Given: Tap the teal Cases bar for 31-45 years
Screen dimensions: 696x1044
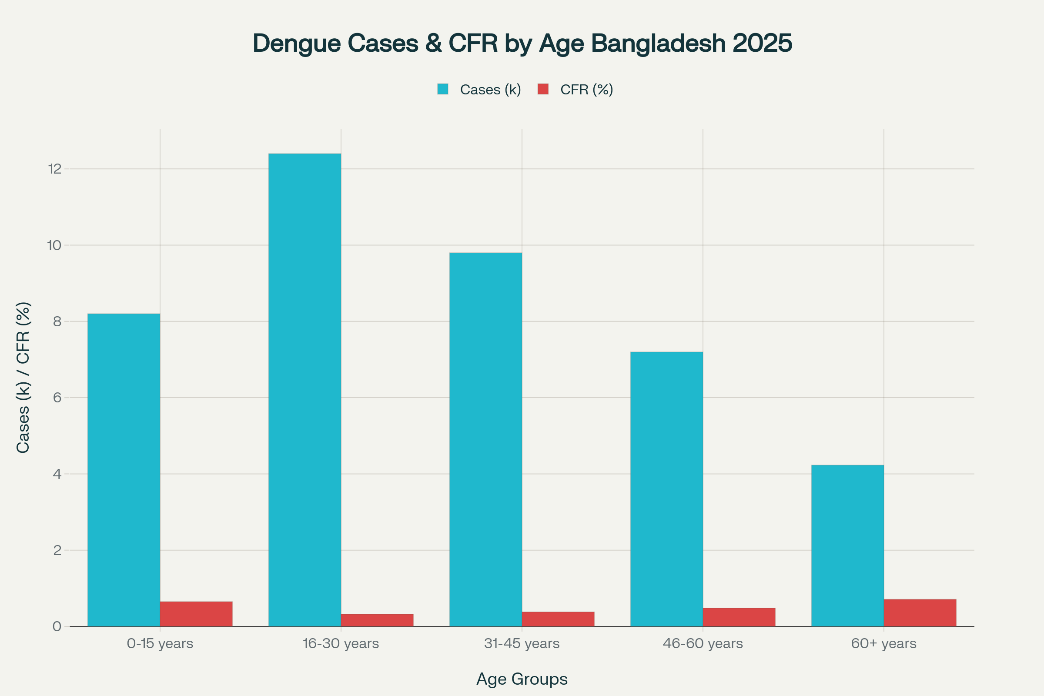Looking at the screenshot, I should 485,439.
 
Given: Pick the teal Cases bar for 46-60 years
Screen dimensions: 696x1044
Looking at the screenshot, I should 666,489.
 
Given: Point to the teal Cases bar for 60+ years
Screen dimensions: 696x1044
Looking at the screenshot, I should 847,545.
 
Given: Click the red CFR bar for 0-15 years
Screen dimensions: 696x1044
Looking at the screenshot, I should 196,614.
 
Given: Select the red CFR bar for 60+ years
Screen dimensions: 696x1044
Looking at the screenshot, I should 920,613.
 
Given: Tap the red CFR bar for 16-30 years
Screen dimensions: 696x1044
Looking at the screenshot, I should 377,620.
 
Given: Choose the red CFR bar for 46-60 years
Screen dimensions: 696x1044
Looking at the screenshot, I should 739,617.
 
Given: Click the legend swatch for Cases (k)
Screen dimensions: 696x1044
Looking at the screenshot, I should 442,89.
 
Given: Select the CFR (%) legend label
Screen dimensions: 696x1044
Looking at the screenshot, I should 586,90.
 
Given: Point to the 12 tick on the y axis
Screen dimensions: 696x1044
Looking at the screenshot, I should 55,169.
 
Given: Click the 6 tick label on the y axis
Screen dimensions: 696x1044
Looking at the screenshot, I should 57,397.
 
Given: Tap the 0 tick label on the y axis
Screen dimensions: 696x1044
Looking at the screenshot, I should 57,626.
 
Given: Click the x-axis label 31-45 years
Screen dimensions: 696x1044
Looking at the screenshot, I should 522,643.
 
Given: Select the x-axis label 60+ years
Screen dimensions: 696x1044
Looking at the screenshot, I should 883,643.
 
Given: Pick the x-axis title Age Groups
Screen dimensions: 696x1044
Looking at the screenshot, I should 522,679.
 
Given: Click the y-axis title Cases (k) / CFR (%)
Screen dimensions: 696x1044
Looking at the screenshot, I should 23,377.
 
